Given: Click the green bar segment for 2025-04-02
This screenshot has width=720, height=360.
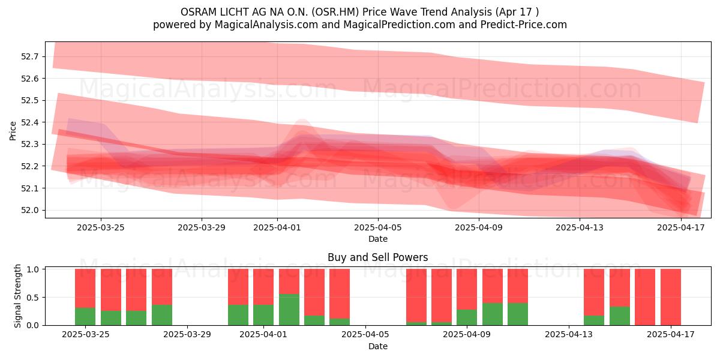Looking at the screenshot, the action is tap(289, 310).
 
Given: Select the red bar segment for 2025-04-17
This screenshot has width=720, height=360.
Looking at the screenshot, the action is tap(671, 297).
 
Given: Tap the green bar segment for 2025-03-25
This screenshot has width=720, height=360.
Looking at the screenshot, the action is tap(85, 317).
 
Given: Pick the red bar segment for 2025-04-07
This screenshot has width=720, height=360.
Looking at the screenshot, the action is tap(416, 295).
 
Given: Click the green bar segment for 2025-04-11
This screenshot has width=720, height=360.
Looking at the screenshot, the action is tap(518, 314).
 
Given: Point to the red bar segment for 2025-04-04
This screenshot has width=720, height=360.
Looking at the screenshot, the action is tap(340, 294).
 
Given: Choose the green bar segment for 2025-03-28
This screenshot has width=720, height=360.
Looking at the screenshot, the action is tap(161, 315).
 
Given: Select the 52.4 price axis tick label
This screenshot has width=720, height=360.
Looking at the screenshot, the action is tap(29, 122).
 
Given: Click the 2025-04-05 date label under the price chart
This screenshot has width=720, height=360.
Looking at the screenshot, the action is tap(377, 227).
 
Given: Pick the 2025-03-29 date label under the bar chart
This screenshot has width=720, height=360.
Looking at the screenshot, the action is tap(187, 335).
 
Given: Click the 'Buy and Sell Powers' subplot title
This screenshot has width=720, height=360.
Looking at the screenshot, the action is tap(377, 257).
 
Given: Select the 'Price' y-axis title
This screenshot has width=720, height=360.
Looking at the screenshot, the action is tap(13, 131).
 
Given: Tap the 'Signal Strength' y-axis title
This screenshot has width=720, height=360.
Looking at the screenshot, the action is tap(17, 296).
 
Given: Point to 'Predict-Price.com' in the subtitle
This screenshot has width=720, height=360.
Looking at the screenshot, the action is tap(524, 25).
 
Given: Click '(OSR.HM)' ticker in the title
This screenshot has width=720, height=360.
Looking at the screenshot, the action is tap(335, 12).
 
